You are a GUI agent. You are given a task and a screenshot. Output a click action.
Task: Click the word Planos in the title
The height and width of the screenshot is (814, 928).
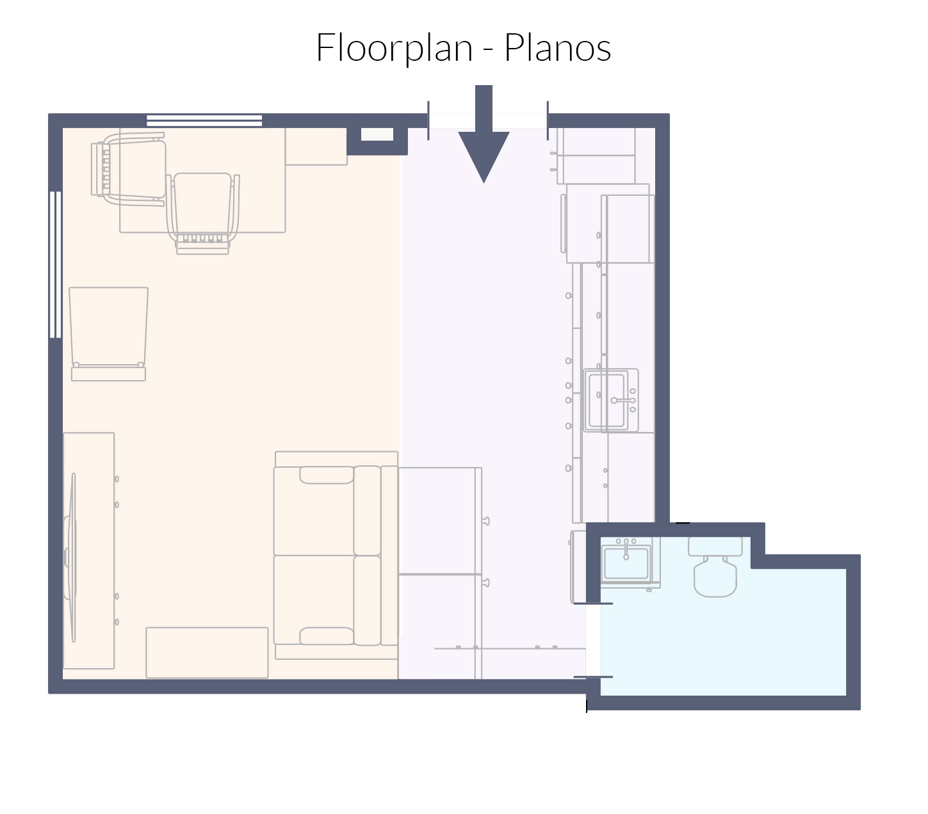pos(557,47)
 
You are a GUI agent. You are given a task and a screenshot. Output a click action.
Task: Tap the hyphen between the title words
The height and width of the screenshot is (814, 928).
pos(488,50)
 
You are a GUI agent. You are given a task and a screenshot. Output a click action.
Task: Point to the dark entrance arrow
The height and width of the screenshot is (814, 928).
pos(484,134)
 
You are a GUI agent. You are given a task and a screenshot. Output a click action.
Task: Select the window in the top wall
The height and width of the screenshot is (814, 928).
pos(204,120)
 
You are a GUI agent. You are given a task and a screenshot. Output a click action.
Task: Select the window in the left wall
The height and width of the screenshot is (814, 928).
pos(56,265)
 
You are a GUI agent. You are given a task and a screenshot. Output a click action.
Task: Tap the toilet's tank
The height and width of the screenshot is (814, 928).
pos(715,547)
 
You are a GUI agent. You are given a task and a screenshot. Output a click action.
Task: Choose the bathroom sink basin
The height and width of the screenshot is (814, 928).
pos(626,563)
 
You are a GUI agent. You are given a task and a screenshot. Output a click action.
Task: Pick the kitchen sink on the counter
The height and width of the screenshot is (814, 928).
pos(611,400)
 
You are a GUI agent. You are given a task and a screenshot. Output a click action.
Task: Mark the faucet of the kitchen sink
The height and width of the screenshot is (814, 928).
pos(623,401)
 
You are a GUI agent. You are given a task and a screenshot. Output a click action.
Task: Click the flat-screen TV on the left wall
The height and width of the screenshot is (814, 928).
pos(72,557)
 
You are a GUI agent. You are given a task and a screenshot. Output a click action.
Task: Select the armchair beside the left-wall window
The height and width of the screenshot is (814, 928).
pos(109,334)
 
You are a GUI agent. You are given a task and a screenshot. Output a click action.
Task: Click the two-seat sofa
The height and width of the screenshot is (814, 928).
pos(336,555)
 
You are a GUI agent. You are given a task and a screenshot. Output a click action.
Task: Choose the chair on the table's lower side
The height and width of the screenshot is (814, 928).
pos(203,213)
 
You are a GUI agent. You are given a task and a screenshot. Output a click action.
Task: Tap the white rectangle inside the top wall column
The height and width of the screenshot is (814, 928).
pos(377,134)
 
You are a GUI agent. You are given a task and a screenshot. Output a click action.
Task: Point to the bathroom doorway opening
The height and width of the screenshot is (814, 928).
pos(593,640)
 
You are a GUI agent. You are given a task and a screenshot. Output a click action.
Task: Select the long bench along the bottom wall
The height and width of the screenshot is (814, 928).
pos(207,652)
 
